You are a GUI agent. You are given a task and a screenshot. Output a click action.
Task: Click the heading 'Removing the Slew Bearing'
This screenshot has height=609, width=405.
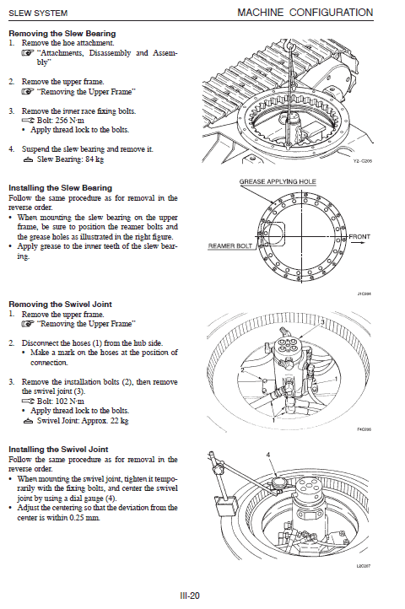pos(62,34)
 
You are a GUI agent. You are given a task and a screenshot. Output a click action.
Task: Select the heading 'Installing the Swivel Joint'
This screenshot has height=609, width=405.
pos(58,450)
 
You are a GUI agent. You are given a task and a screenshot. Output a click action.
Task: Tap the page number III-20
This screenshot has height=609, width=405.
pos(190,596)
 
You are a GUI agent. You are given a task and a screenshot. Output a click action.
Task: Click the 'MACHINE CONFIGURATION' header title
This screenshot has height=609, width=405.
pos(305,13)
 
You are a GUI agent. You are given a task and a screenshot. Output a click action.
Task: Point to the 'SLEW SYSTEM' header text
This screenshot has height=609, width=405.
pos(38,13)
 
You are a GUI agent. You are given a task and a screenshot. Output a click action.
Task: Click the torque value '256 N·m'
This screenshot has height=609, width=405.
pos(70,121)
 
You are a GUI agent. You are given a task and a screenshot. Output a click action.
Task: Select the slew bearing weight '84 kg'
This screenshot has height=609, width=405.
pos(94,159)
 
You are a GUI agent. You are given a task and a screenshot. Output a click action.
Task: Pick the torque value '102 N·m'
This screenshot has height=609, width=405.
pos(70,402)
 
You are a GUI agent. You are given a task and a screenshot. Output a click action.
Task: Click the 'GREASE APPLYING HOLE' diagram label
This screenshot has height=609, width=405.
pos(278,181)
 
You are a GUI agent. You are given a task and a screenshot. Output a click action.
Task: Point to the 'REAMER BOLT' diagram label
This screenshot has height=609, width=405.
pos(230,245)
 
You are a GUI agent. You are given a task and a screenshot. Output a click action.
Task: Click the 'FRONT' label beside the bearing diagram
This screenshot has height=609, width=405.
pos(359,236)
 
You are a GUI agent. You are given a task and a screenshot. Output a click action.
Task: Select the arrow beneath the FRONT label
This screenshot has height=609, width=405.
pos(358,243)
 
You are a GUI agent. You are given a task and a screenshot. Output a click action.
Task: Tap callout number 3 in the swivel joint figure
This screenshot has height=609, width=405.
pos(322,322)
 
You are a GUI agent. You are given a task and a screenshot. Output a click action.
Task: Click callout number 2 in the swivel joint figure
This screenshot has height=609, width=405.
pos(242,369)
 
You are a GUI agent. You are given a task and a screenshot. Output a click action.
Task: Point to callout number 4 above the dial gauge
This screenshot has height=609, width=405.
pos(267,455)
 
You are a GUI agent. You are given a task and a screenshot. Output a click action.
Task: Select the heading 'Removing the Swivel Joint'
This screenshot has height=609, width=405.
pos(60,304)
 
